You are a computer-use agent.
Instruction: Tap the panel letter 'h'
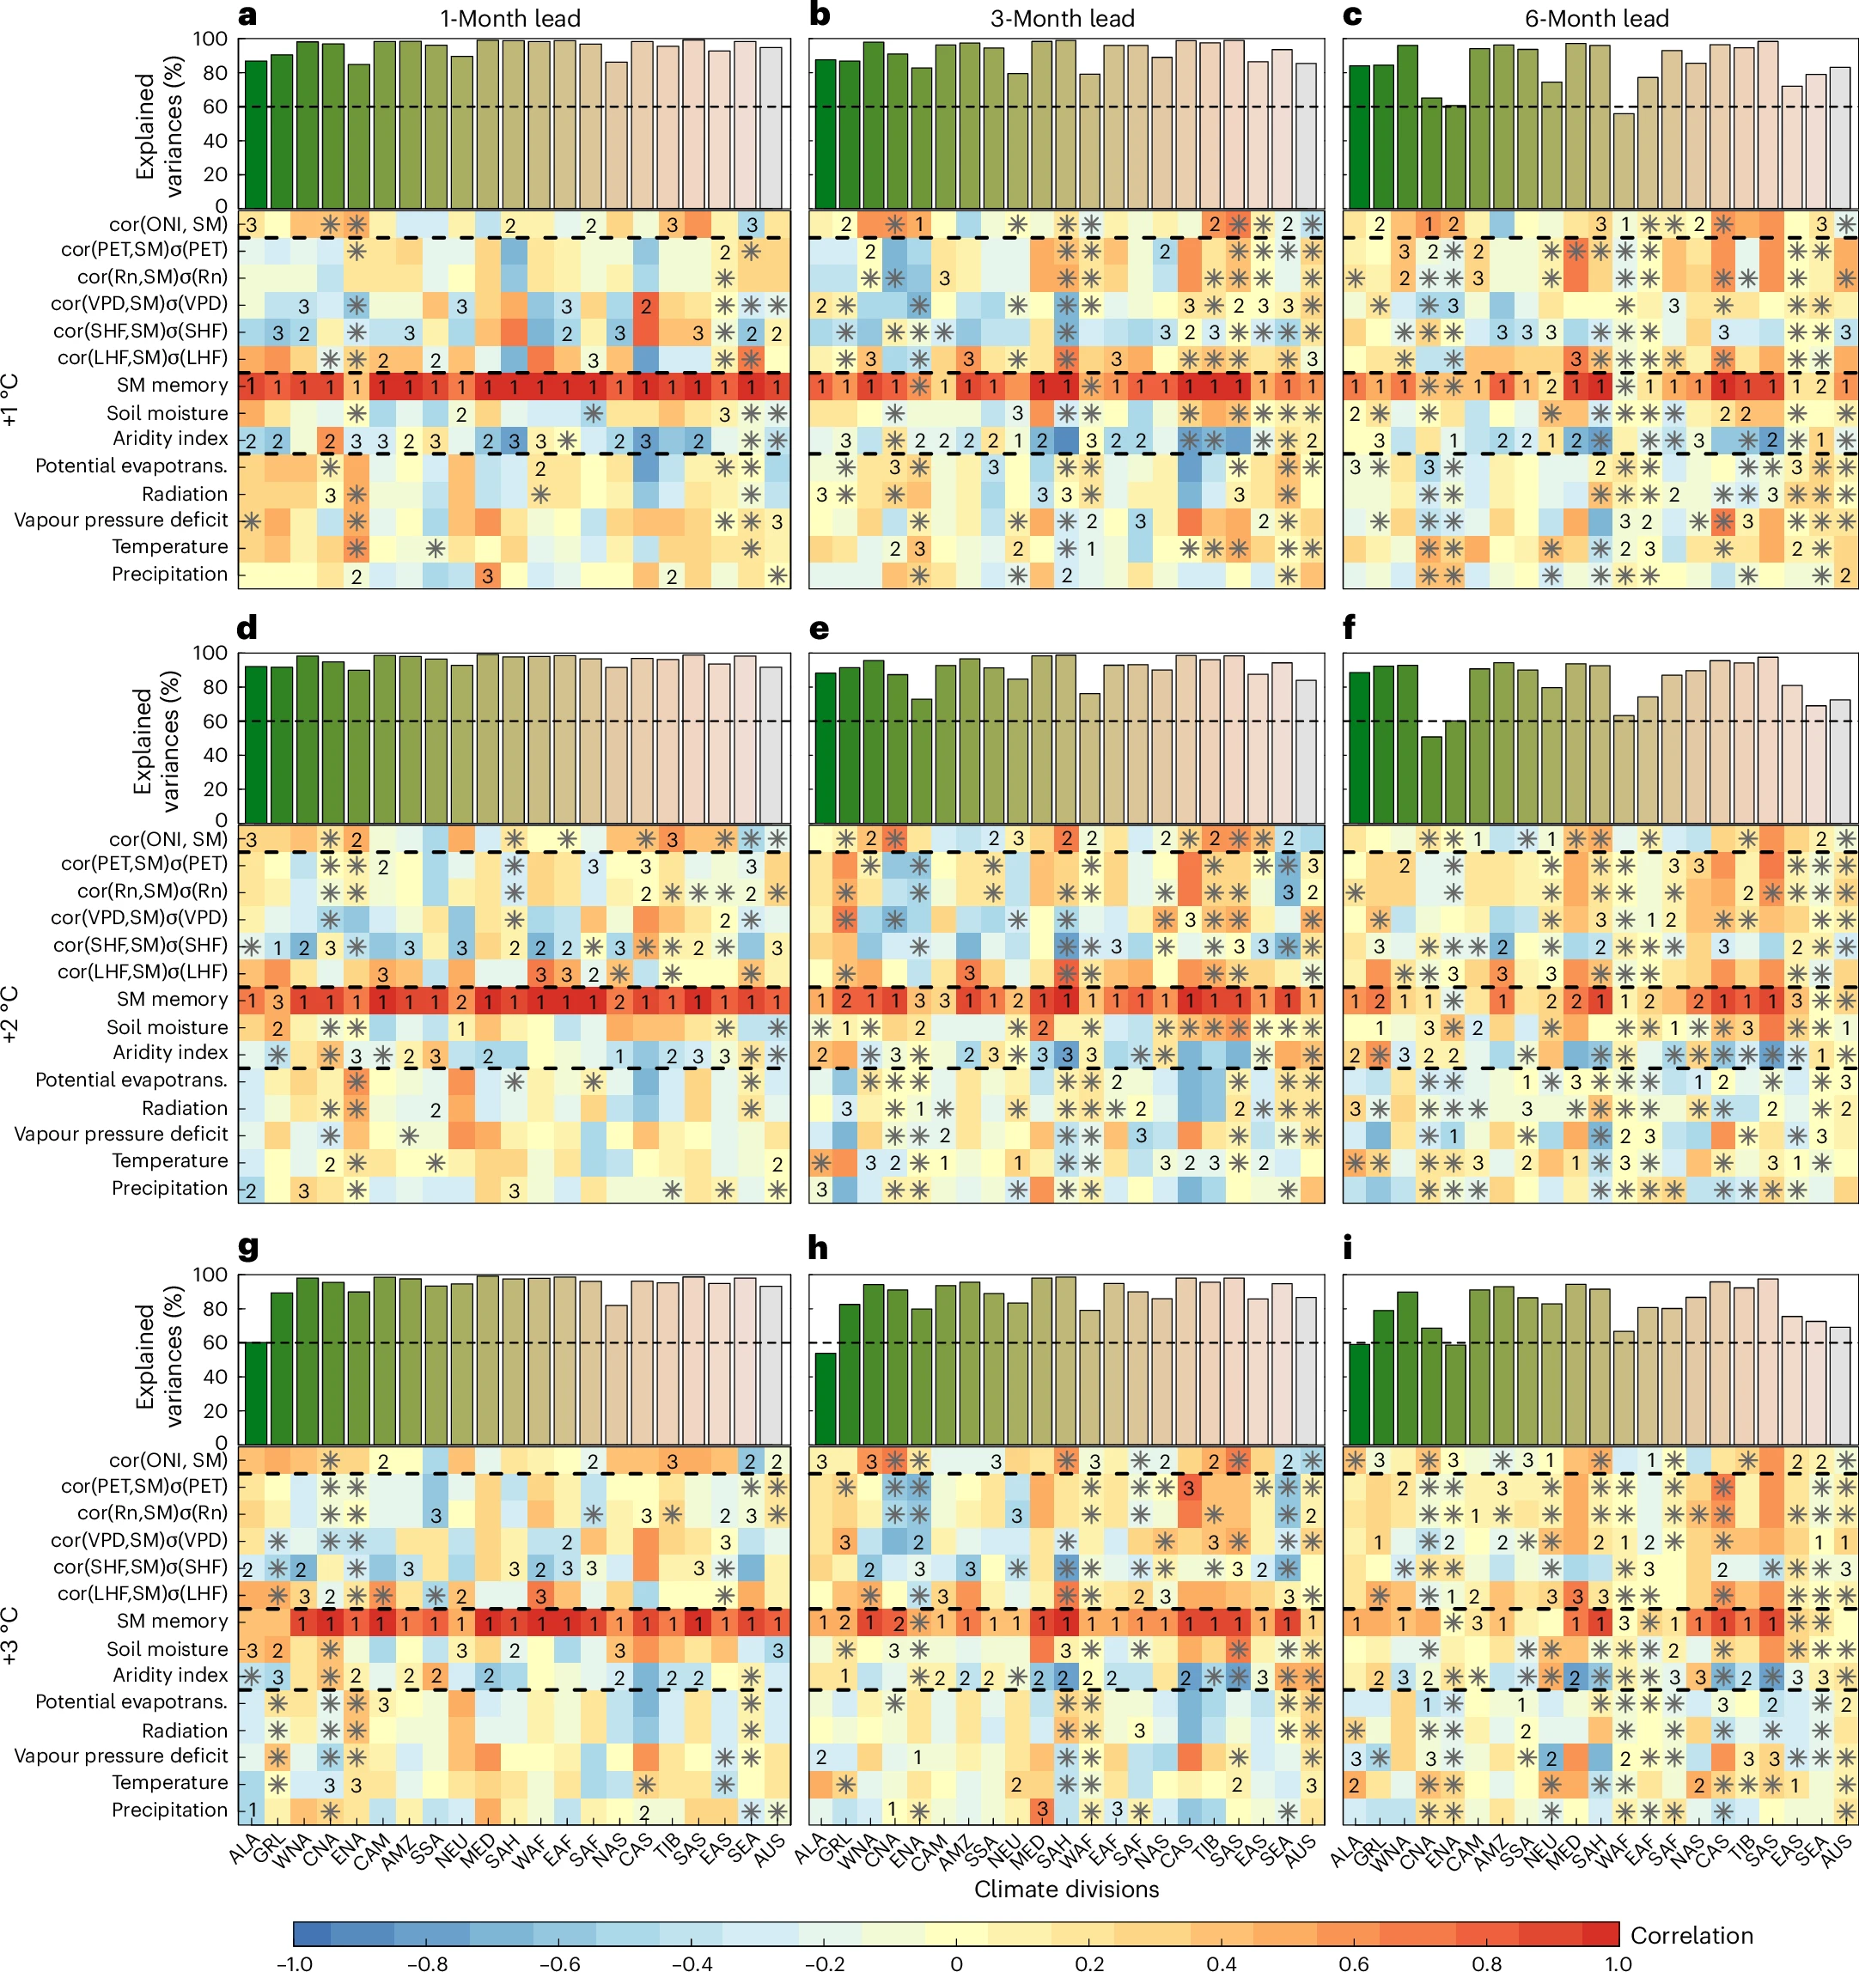818,1248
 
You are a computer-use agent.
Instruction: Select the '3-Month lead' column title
1063,19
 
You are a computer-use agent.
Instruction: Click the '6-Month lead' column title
1596,19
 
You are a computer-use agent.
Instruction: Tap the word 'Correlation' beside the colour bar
1691,1935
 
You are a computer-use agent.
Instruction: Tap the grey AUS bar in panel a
771,127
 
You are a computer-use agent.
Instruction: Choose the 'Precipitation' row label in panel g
168,1811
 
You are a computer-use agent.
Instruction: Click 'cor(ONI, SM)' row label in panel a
168,224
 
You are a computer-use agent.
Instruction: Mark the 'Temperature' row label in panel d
168,1160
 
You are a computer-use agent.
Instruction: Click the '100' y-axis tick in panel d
208,654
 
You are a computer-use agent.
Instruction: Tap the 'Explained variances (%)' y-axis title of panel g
159,1356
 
